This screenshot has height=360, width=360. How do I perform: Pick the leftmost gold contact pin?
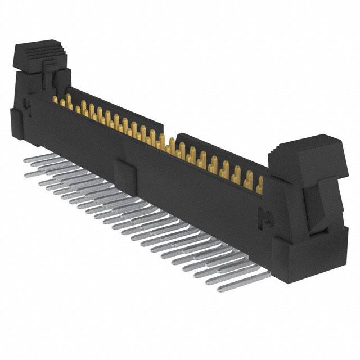56,100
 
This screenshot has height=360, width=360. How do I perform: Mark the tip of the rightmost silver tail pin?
221,289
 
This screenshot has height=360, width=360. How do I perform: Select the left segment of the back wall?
112,110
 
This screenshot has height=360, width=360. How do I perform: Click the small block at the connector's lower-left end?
17,125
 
